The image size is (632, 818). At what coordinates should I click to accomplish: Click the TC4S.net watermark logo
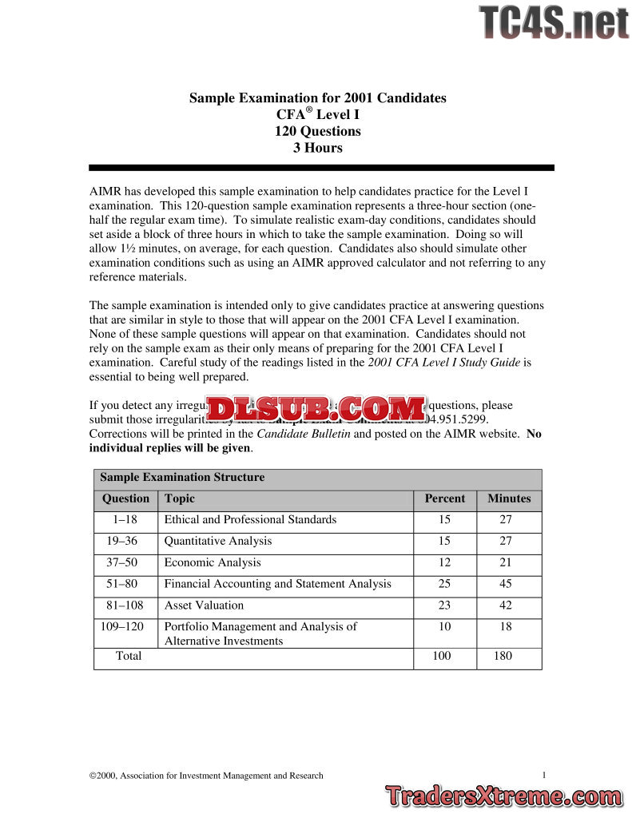554,22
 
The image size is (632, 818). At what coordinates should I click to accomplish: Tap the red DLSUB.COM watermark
316,410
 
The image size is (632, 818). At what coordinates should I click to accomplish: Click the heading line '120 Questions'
317,131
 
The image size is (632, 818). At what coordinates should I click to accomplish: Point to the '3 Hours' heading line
317,148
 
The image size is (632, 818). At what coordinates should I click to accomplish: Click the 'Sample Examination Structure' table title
182,478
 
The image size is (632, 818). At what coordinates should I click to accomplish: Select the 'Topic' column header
180,498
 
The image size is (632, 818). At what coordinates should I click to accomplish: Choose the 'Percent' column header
444,498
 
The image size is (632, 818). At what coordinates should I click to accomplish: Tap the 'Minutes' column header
509,498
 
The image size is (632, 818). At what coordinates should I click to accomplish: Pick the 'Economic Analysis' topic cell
213,562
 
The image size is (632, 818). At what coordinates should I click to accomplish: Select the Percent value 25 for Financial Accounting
444,584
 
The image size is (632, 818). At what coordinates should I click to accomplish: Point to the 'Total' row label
129,656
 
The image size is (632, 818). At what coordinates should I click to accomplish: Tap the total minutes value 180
503,656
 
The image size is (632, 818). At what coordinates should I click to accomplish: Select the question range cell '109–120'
122,626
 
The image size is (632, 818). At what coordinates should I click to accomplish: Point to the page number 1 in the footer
543,775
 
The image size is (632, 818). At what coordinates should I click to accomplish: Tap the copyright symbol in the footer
93,776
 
